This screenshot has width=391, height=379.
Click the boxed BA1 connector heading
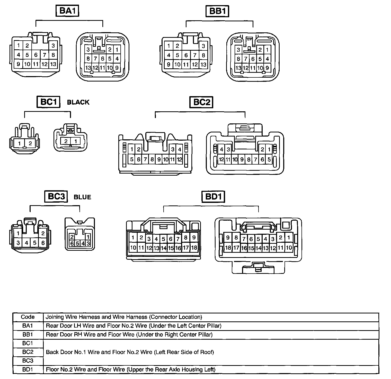(67, 11)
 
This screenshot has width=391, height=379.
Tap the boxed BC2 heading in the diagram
(202, 102)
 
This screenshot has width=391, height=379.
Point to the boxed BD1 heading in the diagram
(213, 197)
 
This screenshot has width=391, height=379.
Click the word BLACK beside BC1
(78, 102)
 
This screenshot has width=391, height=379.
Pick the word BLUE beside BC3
(82, 197)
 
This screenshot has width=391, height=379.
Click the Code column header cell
(28, 317)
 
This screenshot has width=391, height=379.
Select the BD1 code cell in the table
(28, 369)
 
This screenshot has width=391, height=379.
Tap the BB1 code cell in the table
(28, 335)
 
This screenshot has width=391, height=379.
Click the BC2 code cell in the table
(28, 352)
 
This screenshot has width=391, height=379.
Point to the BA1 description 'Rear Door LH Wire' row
(134, 326)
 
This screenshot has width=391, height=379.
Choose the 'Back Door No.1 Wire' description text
(130, 352)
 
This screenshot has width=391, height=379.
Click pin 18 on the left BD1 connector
(194, 247)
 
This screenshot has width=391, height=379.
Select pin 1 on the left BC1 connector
(19, 143)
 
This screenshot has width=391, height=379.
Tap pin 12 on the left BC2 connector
(179, 159)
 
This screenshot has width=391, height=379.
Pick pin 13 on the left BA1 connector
(53, 64)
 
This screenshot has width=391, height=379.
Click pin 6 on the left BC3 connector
(43, 243)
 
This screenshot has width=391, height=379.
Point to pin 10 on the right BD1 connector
(289, 248)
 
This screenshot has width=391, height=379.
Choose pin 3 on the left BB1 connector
(203, 46)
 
